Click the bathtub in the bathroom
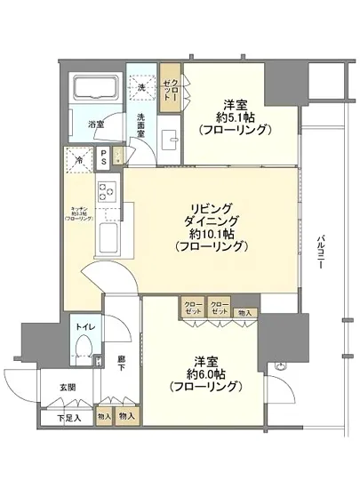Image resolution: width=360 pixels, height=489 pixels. [x=94, y=92]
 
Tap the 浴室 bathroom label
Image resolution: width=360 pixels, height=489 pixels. [x=94, y=124]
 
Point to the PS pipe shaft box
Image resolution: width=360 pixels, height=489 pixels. [x=105, y=161]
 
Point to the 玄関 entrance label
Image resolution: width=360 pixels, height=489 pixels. [x=68, y=387]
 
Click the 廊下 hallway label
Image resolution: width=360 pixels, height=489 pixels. [x=122, y=365]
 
